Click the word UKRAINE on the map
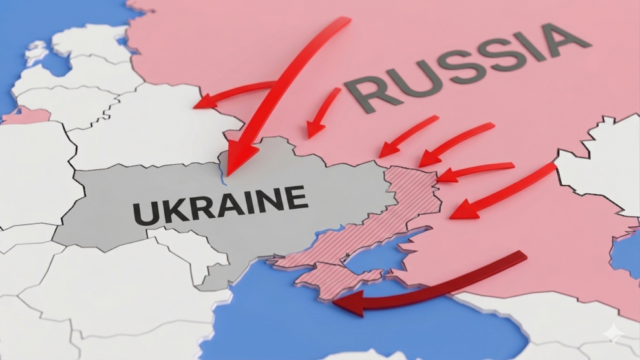coord(220,204)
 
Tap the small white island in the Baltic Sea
coord(36,52)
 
